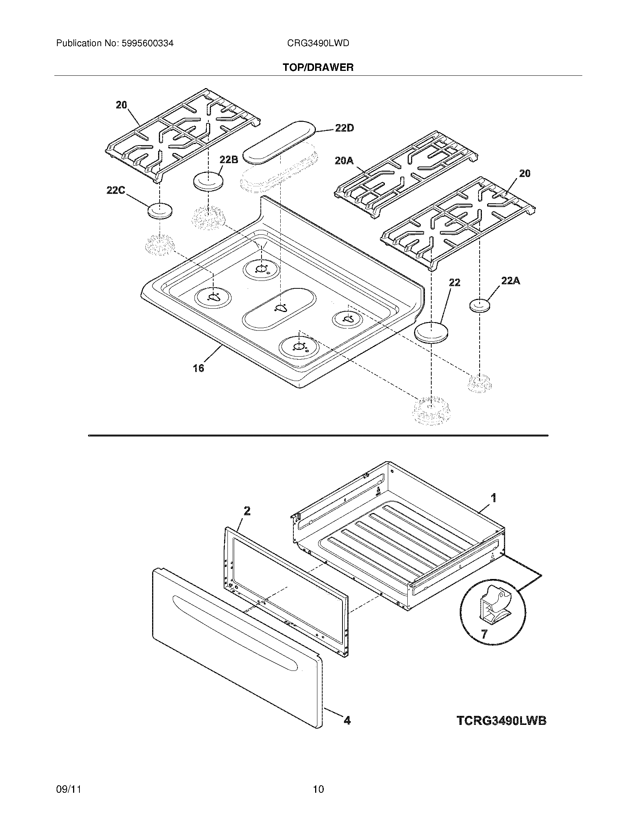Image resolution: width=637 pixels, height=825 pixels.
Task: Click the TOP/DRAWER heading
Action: pyautogui.click(x=318, y=67)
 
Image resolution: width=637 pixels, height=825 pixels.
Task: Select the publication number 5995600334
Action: pyautogui.click(x=147, y=43)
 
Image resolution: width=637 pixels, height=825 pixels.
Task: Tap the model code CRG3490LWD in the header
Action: pyautogui.click(x=318, y=43)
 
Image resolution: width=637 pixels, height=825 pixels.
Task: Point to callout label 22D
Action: pyautogui.click(x=344, y=128)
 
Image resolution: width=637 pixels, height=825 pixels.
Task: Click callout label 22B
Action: pyautogui.click(x=229, y=160)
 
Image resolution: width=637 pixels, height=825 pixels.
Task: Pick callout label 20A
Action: pyautogui.click(x=344, y=161)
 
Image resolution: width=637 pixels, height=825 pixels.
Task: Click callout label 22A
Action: pyautogui.click(x=510, y=280)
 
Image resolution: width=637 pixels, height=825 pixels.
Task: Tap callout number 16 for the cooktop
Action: pyautogui.click(x=199, y=367)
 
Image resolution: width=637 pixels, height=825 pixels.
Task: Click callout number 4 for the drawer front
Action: pyautogui.click(x=347, y=721)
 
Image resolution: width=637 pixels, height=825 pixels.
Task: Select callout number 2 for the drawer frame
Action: pyautogui.click(x=247, y=511)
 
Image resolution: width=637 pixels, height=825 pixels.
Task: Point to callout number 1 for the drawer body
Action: pyautogui.click(x=493, y=498)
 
